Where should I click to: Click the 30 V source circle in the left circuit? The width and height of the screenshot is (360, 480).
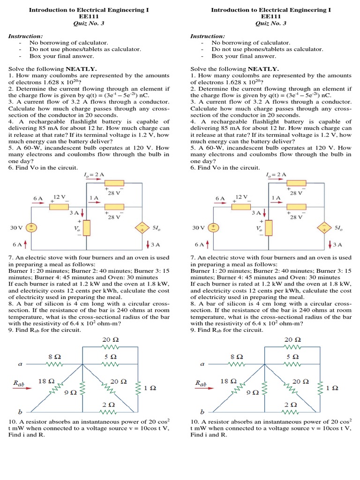pos(31,227)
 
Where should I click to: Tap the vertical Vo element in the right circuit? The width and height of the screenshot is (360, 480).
pos(268,227)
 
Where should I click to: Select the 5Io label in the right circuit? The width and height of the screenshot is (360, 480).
pos(338,228)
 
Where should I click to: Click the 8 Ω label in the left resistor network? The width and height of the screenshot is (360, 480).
pos(55,356)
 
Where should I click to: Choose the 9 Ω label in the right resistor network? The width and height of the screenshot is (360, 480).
pos(252,392)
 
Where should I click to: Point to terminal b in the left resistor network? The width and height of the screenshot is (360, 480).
pos(20,412)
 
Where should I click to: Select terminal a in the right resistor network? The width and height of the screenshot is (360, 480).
pos(202,363)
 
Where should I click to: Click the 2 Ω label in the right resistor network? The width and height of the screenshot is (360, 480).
pos(291,404)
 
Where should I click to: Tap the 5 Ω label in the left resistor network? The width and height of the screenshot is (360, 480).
pos(109,356)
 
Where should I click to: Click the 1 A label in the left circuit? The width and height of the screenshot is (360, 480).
pos(93,198)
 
